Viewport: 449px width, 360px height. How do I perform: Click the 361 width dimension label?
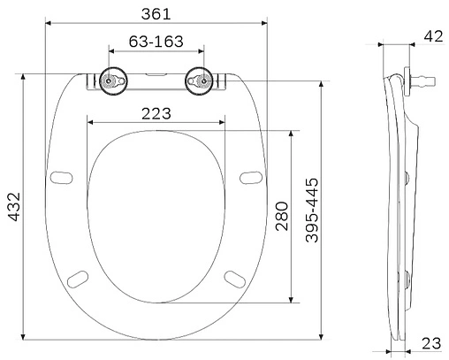156,14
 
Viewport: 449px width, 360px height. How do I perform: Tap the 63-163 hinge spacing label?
156,42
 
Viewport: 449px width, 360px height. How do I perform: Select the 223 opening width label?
156,113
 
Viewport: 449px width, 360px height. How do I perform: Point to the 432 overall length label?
14,206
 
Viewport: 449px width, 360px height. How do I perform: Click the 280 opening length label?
282,216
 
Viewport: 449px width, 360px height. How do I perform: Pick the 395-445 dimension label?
312,210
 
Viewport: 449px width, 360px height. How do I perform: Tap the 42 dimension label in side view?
433,36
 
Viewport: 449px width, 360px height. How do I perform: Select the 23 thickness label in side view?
431,343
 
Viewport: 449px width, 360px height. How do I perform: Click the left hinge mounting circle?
113,80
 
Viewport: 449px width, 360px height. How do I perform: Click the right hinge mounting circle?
199,80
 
